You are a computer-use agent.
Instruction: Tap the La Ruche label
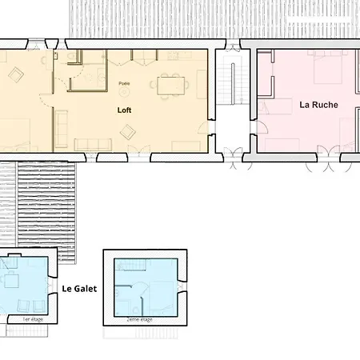point(318,104)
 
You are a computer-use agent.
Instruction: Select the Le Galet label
point(79,289)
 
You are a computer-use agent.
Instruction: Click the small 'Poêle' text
point(124,83)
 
